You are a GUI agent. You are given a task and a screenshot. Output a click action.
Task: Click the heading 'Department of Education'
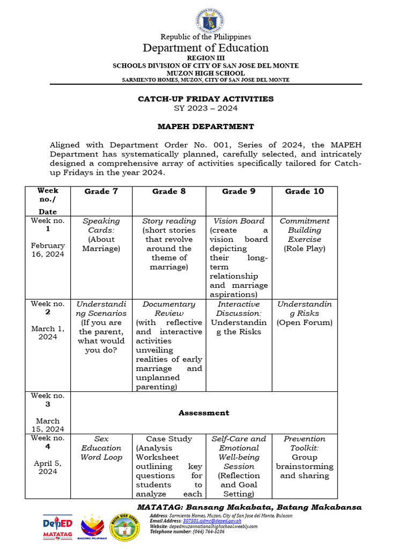206,48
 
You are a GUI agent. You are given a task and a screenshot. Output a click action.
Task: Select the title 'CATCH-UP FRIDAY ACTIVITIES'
206,99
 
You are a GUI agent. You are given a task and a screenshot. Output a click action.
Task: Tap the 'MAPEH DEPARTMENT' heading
206,127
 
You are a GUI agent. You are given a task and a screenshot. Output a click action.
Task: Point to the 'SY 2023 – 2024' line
206,108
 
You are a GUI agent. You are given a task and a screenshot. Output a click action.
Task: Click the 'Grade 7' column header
101,191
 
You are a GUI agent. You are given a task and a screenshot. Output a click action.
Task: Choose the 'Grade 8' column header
169,191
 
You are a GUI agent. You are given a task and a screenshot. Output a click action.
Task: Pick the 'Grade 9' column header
239,191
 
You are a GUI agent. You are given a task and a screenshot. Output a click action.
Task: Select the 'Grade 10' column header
305,191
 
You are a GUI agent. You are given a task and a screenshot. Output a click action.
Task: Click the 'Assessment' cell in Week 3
204,413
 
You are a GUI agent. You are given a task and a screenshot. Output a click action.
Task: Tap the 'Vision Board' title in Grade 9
239,221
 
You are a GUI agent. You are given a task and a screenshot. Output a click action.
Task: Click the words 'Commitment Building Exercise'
305,230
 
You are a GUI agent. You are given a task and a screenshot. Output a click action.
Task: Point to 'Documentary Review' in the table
169,309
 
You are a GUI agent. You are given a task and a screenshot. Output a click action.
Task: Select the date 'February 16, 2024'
48,250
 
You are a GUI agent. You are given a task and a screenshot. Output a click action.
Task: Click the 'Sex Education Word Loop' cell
101,448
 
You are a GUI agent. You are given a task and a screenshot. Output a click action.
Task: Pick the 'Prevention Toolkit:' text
305,443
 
